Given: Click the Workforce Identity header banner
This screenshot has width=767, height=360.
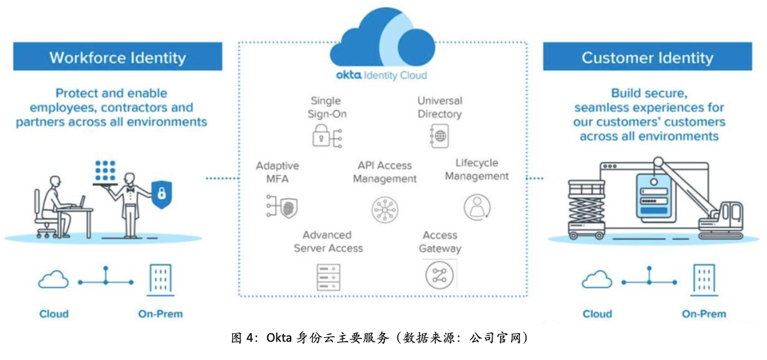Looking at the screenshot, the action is (x=117, y=56).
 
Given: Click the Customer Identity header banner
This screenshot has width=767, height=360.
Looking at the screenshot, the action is (x=648, y=56).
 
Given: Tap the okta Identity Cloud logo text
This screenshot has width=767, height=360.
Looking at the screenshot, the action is (x=382, y=75).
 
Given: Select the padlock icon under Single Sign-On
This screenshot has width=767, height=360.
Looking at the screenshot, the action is (x=327, y=136).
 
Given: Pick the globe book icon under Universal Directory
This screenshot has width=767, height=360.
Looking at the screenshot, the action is (x=440, y=136).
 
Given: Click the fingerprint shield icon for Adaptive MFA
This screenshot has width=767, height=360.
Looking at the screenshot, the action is (x=282, y=206).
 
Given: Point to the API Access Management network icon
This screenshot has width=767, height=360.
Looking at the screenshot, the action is (x=385, y=210).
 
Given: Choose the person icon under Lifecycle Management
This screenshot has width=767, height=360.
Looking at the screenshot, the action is (x=477, y=207).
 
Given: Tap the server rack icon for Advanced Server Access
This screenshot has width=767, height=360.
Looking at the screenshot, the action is (x=328, y=277).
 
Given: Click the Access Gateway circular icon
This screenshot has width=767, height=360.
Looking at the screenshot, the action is (x=440, y=275).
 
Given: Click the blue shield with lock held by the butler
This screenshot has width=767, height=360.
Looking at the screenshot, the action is (x=162, y=194).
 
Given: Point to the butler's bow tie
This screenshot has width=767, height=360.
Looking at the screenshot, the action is (x=130, y=189).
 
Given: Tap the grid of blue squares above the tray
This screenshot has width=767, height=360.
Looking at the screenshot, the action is (x=105, y=171).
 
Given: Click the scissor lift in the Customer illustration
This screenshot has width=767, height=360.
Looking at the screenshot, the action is (x=586, y=209).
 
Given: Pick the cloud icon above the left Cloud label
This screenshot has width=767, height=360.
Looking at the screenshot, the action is (x=53, y=279).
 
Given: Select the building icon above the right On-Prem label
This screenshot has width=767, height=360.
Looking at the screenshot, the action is (x=704, y=280).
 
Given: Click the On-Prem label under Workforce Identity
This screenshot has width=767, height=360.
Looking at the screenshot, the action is (x=160, y=314).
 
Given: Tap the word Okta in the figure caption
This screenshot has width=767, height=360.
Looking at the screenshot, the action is (x=279, y=338).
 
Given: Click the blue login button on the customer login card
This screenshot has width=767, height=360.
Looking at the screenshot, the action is (x=654, y=210).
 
